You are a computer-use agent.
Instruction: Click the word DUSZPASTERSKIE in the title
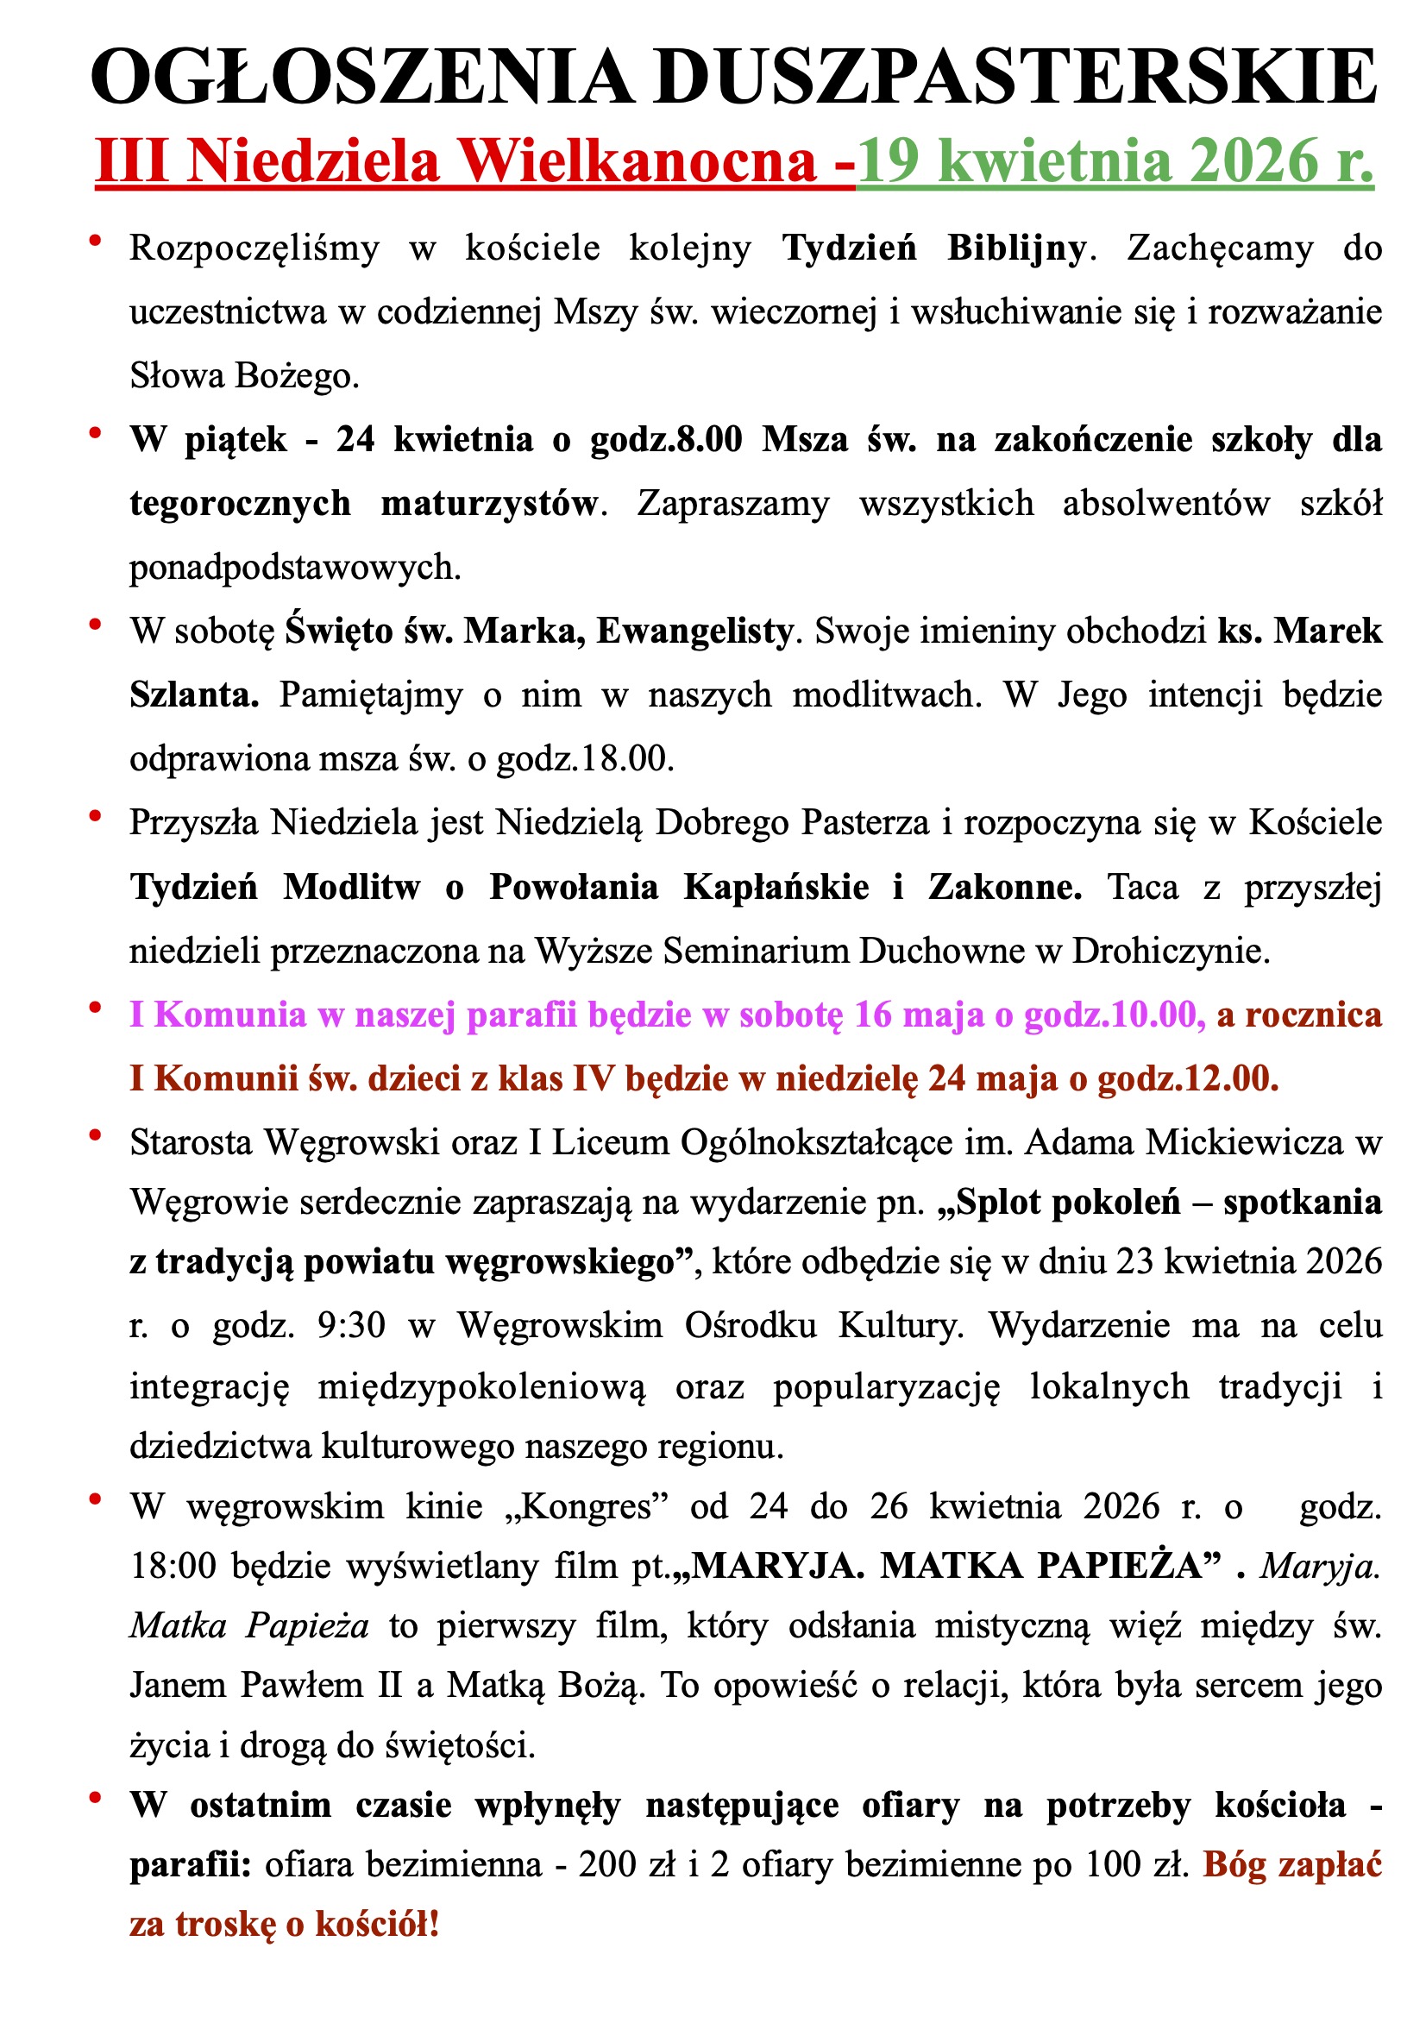point(1015,78)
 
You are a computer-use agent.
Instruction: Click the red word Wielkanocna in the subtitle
point(640,161)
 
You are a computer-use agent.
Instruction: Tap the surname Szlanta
point(194,694)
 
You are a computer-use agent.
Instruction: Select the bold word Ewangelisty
point(695,631)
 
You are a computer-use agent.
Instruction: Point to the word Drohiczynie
point(1171,951)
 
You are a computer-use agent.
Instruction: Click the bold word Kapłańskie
point(776,887)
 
